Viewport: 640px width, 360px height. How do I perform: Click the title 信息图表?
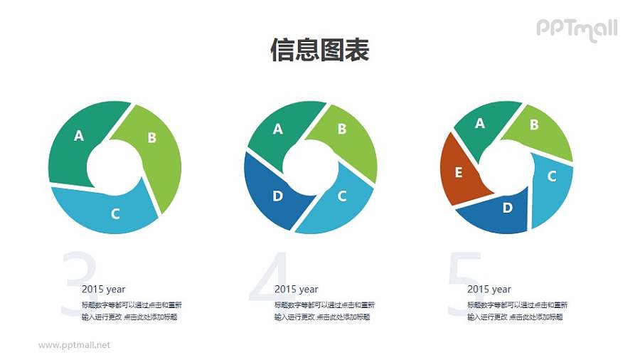click(319, 51)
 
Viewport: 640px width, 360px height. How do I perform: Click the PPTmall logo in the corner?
click(576, 29)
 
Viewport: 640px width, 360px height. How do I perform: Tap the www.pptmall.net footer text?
click(75, 345)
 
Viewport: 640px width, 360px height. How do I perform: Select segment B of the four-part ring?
click(343, 131)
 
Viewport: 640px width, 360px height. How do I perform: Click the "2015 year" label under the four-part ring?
click(296, 290)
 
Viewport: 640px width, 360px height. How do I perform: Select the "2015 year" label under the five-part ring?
click(489, 290)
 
